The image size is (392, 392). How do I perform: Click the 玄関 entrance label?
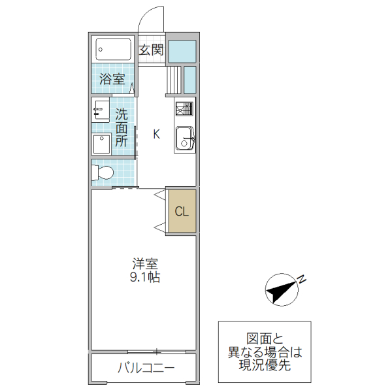(151, 50)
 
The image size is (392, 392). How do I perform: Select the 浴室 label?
(112, 79)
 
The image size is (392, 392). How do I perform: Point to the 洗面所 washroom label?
(122, 127)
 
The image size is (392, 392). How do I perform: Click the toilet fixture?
(103, 173)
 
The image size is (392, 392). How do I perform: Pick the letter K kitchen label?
(156, 135)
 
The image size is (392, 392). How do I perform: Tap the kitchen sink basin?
(184, 139)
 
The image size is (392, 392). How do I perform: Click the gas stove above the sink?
(184, 109)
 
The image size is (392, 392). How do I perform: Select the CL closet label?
(182, 211)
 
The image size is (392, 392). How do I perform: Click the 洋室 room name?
(145, 265)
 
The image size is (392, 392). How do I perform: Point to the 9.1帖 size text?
(145, 278)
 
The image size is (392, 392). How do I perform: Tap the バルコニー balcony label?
(146, 368)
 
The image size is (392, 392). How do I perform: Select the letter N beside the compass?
(302, 280)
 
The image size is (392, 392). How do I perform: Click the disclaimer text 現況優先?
(265, 367)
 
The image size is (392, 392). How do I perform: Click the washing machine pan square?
(101, 144)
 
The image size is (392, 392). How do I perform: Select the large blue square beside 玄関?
(182, 51)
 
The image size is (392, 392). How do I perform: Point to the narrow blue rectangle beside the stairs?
(190, 80)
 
